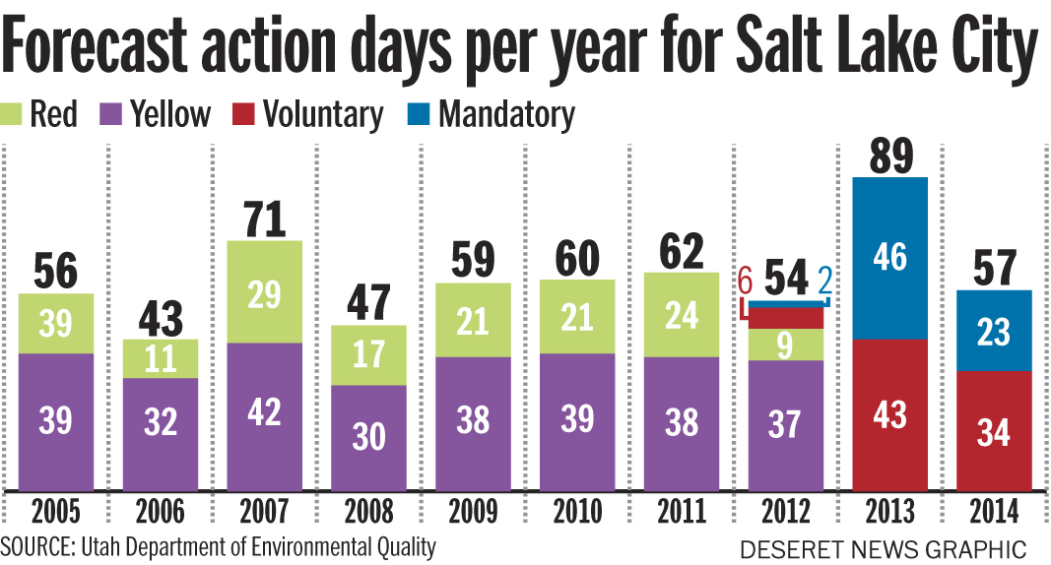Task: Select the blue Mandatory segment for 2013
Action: pos(889,258)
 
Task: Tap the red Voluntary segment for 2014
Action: pos(995,430)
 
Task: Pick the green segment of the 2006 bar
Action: pos(161,358)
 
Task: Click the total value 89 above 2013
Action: pos(889,156)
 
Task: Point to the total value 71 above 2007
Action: pos(264,219)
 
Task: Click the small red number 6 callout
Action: pos(746,282)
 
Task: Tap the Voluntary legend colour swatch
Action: pos(243,114)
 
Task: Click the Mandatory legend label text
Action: pos(506,114)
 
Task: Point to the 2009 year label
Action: pos(473,512)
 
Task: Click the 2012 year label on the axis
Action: pos(785,512)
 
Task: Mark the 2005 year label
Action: pos(55,512)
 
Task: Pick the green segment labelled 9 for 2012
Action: pos(785,345)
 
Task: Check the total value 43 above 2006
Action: pos(161,319)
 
